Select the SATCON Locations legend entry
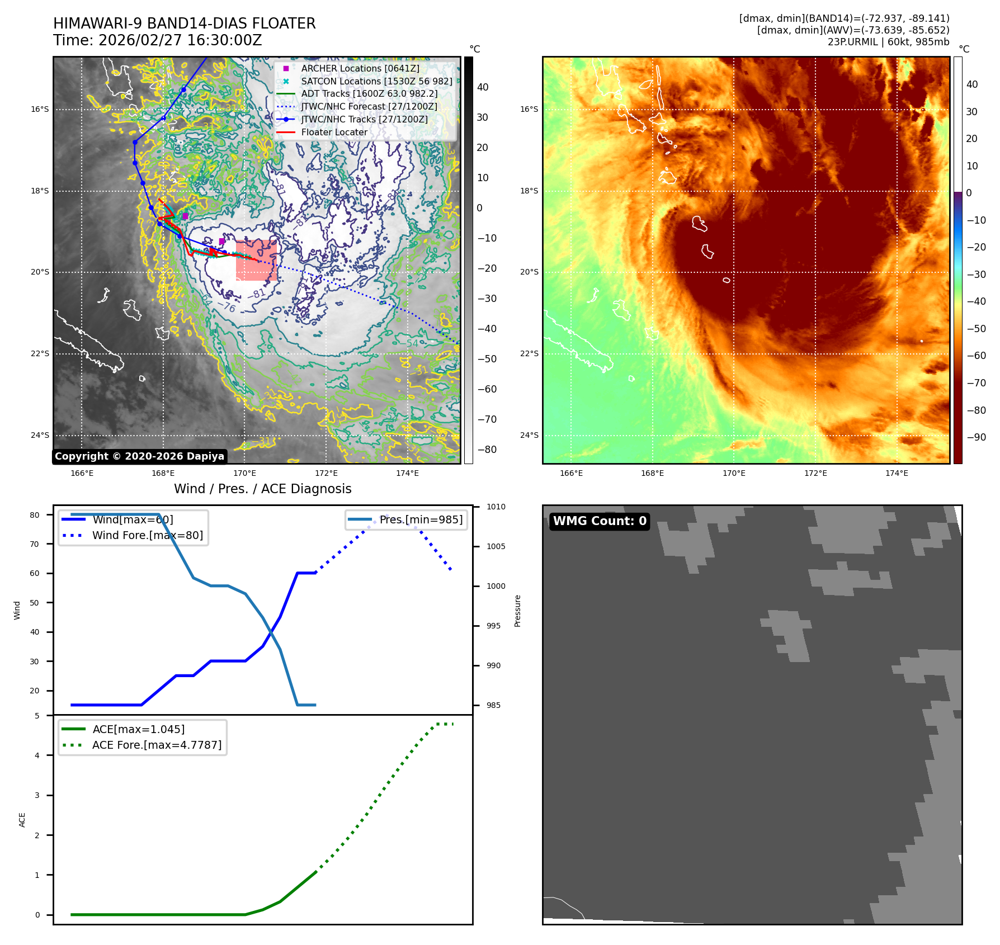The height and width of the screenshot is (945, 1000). click(x=376, y=81)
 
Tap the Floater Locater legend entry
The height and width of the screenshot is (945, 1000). click(x=334, y=133)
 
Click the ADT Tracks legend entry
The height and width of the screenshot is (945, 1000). click(x=369, y=94)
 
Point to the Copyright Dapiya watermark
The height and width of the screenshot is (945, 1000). click(x=139, y=456)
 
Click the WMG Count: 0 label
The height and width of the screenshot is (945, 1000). click(x=600, y=521)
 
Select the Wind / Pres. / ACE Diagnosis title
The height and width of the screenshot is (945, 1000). click(x=262, y=489)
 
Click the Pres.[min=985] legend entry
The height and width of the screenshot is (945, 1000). click(x=421, y=519)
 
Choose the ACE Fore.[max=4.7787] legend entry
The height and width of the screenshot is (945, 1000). click(x=157, y=745)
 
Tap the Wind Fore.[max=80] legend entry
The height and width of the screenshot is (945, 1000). click(x=147, y=535)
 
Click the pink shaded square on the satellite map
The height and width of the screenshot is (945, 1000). click(x=256, y=261)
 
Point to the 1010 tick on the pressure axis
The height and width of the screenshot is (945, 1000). click(x=496, y=507)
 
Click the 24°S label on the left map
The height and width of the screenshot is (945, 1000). click(x=40, y=435)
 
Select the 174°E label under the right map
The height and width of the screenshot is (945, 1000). click(x=897, y=473)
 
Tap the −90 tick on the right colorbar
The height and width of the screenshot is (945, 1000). click(x=976, y=437)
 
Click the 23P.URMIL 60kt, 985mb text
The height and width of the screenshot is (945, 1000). click(x=888, y=42)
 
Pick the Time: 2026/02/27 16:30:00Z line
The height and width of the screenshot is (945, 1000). click(x=157, y=40)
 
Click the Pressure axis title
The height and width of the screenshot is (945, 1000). click(x=517, y=611)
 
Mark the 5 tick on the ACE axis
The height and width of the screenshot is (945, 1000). click(x=37, y=716)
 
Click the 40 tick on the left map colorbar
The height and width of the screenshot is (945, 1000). click(x=482, y=87)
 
